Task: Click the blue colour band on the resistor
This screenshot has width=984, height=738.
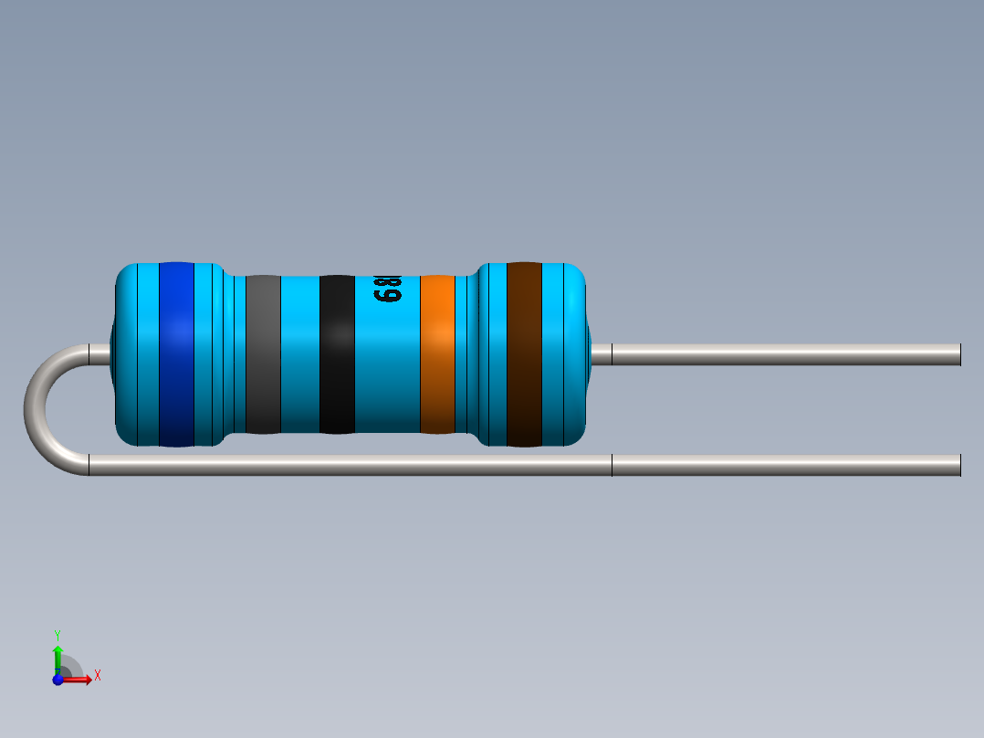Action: [176, 354]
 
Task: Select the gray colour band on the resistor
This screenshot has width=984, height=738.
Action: [263, 354]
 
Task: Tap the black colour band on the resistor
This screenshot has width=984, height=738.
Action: [337, 354]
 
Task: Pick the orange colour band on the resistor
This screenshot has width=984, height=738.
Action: [437, 354]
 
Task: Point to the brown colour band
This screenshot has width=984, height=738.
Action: [524, 354]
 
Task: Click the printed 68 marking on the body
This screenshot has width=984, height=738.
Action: [387, 291]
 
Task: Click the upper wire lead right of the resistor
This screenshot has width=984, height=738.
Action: [785, 354]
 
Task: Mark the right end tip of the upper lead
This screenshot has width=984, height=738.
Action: [958, 354]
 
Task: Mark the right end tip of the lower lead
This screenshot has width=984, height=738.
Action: [958, 465]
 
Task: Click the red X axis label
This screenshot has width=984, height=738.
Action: [98, 676]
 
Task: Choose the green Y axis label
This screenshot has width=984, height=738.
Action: [57, 634]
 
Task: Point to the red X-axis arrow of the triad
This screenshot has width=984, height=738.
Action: [80, 680]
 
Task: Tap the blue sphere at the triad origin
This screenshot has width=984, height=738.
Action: [58, 680]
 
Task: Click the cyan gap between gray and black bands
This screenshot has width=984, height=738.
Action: [299, 354]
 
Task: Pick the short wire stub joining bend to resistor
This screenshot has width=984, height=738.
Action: [99, 353]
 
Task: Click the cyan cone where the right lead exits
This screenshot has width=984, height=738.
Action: [600, 354]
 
